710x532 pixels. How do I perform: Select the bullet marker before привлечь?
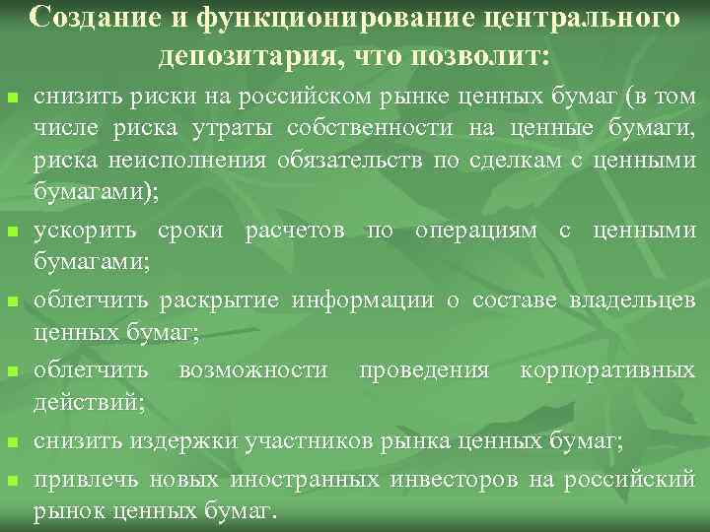click(x=13, y=481)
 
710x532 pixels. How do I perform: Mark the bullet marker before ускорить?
click(x=13, y=233)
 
